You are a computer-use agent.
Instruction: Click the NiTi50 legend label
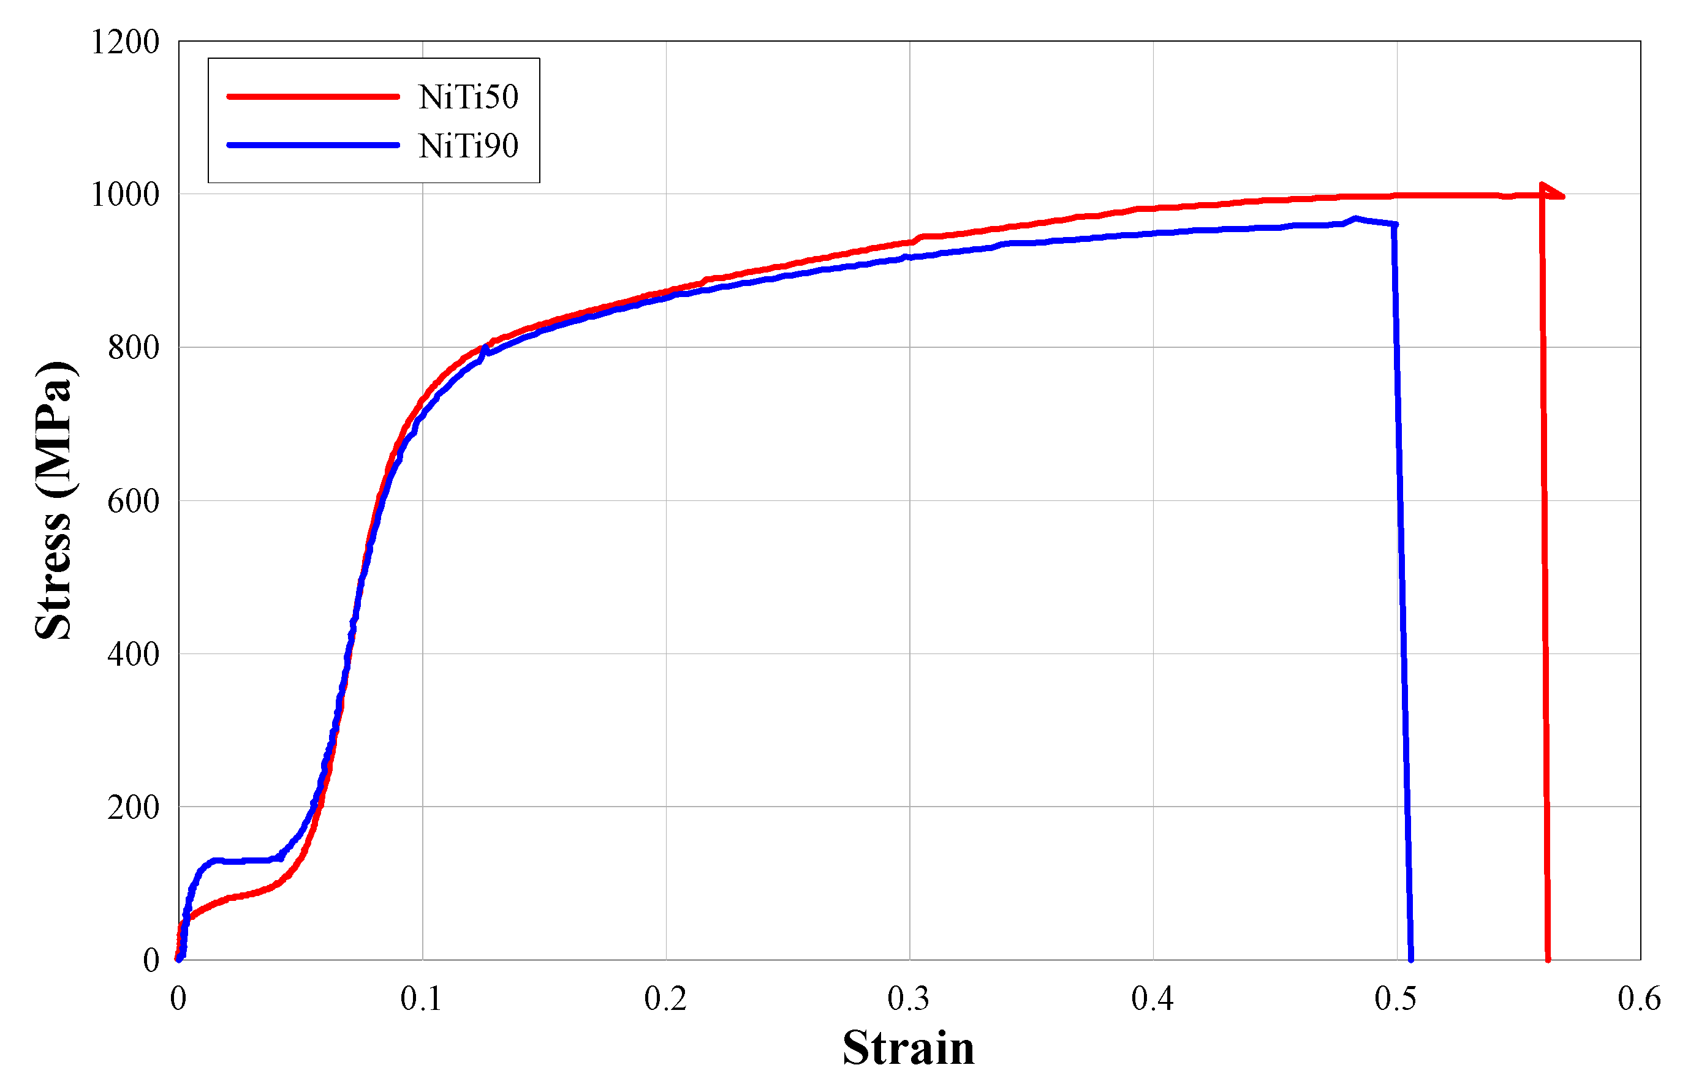468,97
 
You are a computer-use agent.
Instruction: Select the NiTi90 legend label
468,146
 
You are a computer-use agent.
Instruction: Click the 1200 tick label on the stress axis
125,42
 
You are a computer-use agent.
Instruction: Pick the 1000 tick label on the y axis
125,195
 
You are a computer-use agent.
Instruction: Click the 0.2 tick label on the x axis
665,998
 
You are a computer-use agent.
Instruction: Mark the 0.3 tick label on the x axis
909,998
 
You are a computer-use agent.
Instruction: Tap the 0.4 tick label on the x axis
1152,998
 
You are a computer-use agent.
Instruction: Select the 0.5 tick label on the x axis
1396,998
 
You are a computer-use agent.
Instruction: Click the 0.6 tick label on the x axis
1639,998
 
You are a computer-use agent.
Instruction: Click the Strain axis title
909,1048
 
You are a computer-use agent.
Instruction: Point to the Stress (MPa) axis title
54,500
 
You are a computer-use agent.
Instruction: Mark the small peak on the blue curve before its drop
1355,219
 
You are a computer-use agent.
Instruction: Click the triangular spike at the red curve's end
1549,192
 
